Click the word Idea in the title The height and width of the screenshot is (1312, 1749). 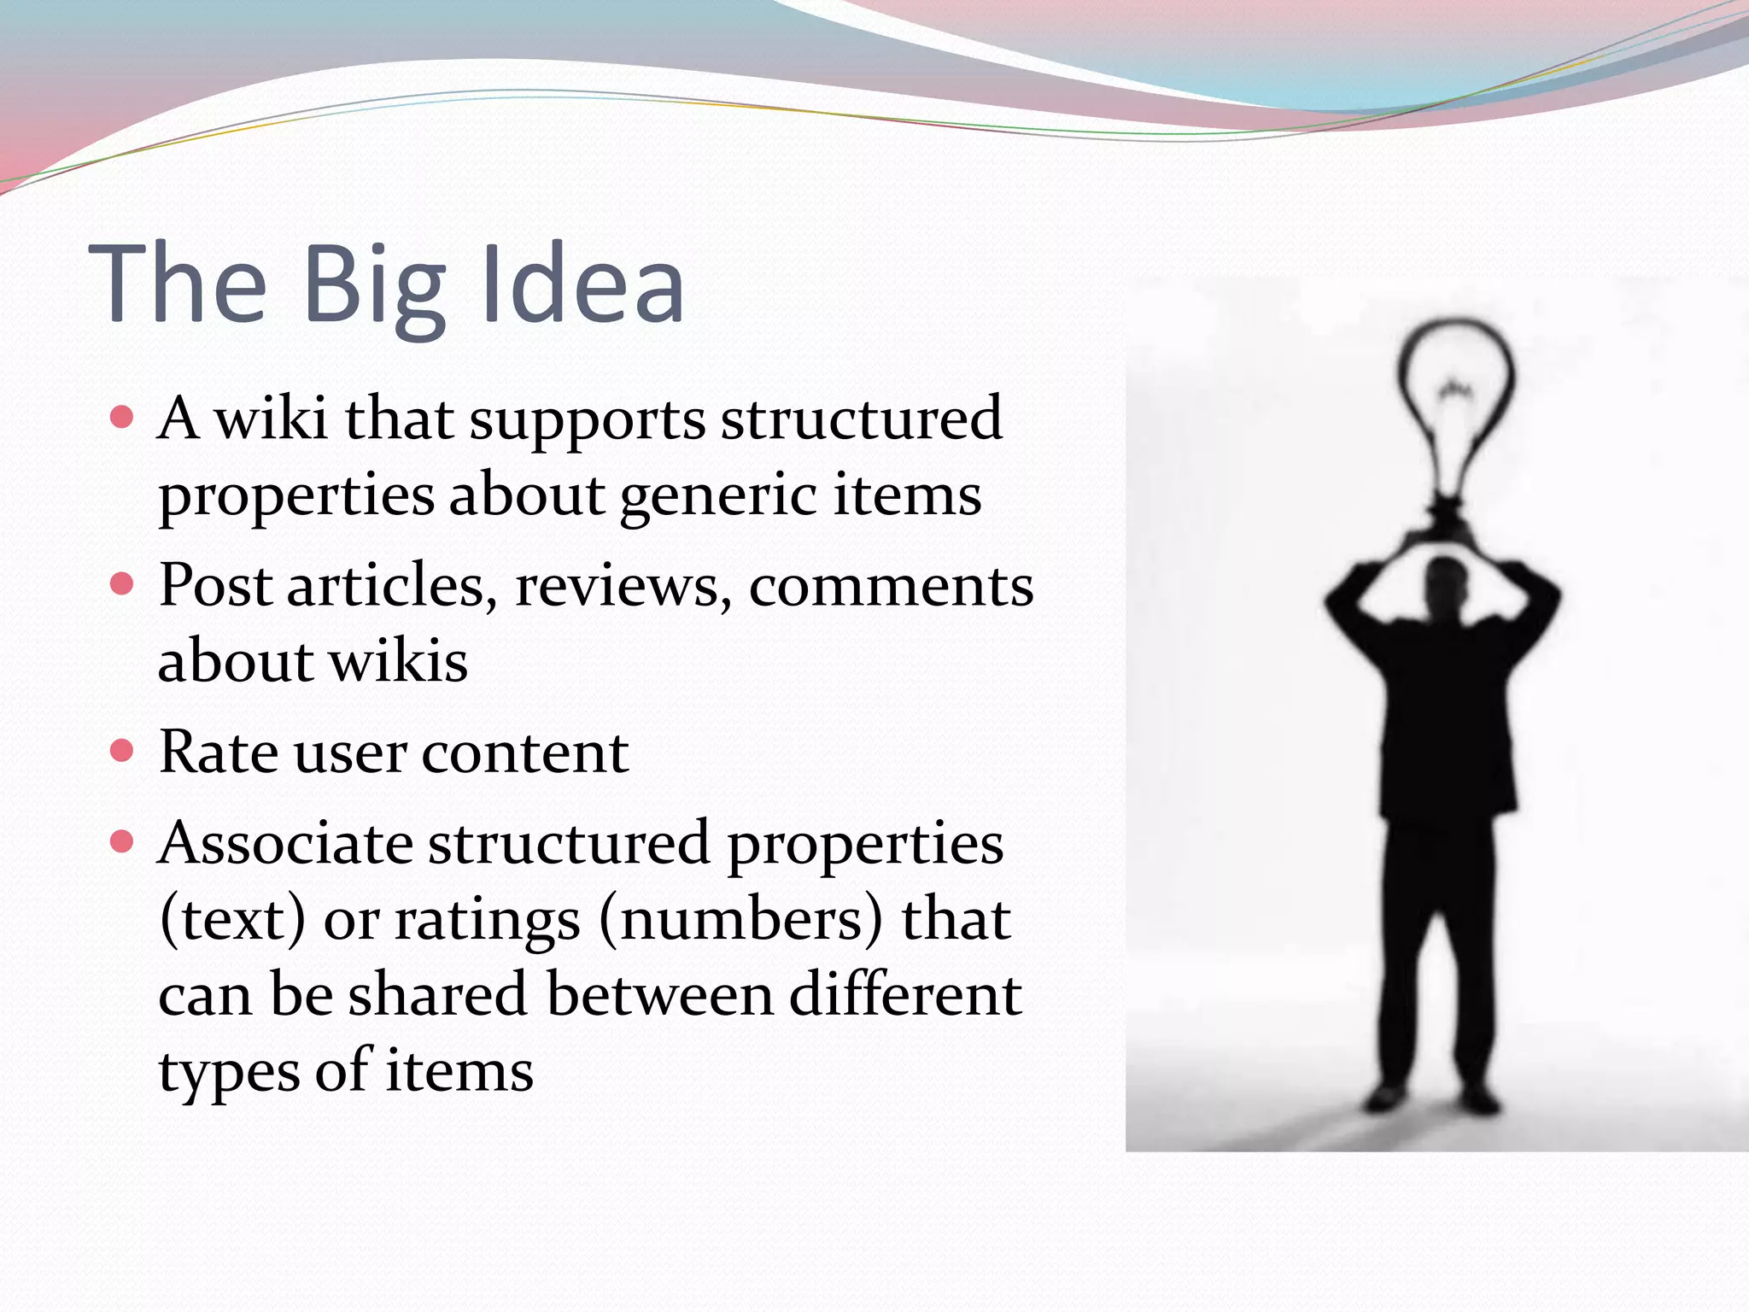pyautogui.click(x=582, y=284)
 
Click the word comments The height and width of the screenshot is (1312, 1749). pyautogui.click(x=891, y=587)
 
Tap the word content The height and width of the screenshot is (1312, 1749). pyautogui.click(x=524, y=754)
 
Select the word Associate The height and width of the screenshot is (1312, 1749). pyautogui.click(x=285, y=844)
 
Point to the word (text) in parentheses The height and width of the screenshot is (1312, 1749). pyautogui.click(x=232, y=920)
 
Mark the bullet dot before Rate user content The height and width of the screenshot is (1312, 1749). pyautogui.click(x=123, y=751)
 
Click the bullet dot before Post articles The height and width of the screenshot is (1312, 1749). pyautogui.click(x=123, y=584)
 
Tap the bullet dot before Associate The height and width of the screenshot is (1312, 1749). pyautogui.click(x=123, y=842)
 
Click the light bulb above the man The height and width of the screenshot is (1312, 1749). pyautogui.click(x=1454, y=410)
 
